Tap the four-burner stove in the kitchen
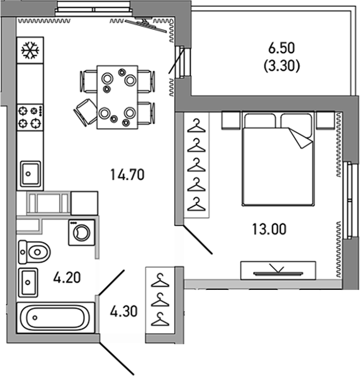[30, 116]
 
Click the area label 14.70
[129, 175]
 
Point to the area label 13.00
[267, 229]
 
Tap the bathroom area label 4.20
[67, 278]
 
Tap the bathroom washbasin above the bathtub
[29, 282]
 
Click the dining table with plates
[117, 98]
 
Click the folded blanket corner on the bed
[301, 138]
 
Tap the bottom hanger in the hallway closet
[160, 319]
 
